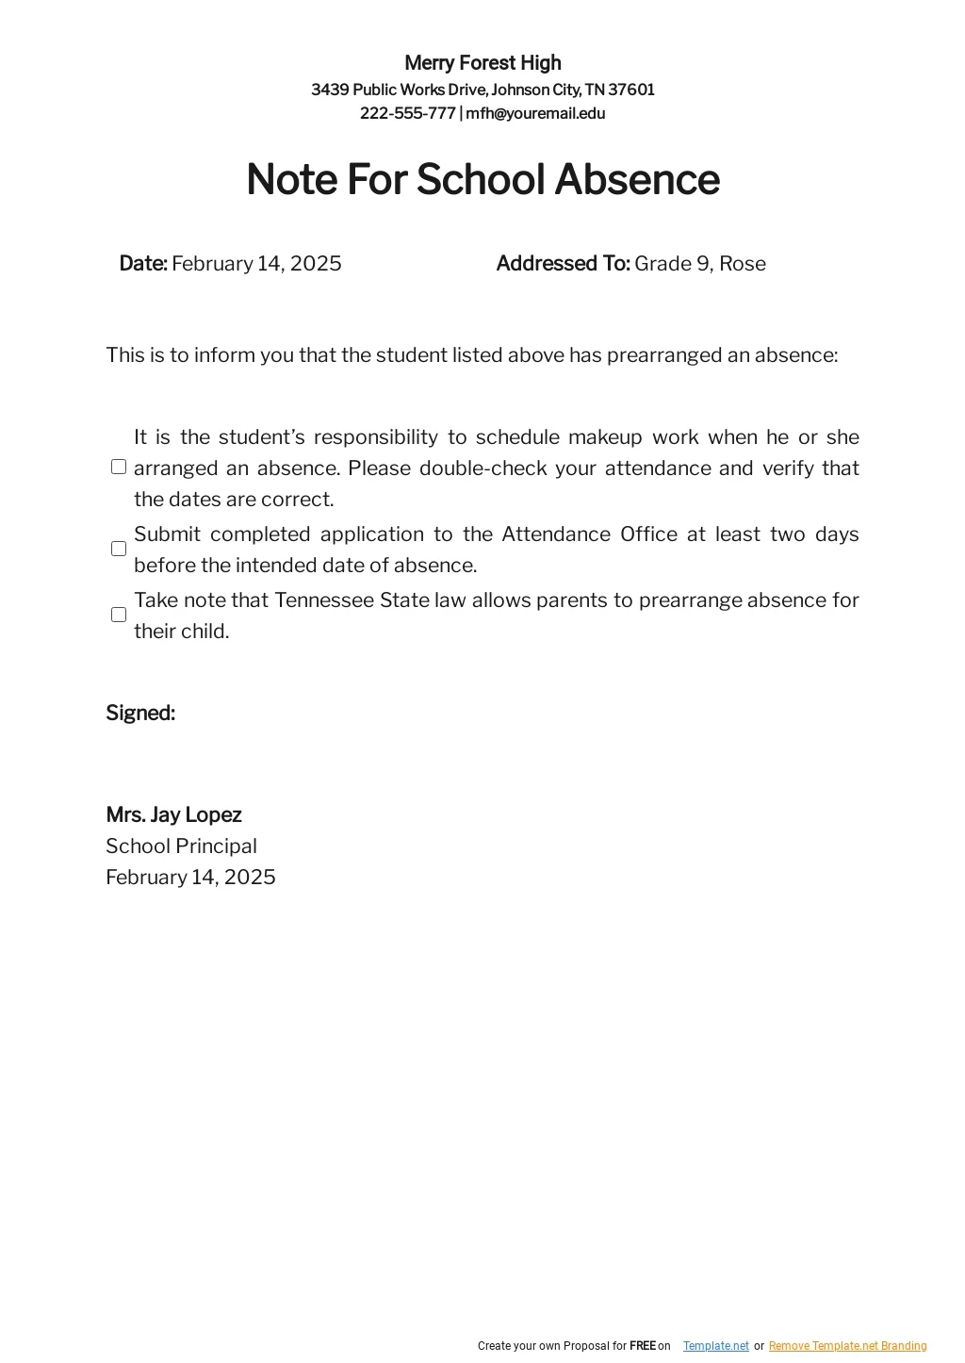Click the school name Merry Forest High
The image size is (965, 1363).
click(482, 63)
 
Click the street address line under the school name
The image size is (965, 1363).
click(482, 90)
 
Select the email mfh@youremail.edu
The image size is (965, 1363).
click(535, 114)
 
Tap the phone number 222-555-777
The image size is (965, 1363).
click(407, 114)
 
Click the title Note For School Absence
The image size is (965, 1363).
click(482, 179)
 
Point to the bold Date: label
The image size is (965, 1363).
click(143, 264)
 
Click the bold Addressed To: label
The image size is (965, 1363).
click(563, 264)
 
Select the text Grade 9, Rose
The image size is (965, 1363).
click(700, 264)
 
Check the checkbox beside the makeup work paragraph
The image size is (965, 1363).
click(119, 468)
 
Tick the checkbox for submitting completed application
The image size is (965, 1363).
click(119, 549)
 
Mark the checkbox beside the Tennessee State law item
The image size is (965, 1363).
click(119, 615)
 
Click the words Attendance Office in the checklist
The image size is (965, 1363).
click(589, 534)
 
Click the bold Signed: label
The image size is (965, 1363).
click(140, 714)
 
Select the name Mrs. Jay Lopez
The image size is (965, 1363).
click(173, 815)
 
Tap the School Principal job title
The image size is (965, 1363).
click(181, 846)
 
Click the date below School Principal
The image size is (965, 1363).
click(190, 878)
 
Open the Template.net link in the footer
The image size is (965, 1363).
click(716, 1346)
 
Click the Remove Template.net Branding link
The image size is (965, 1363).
click(847, 1346)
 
